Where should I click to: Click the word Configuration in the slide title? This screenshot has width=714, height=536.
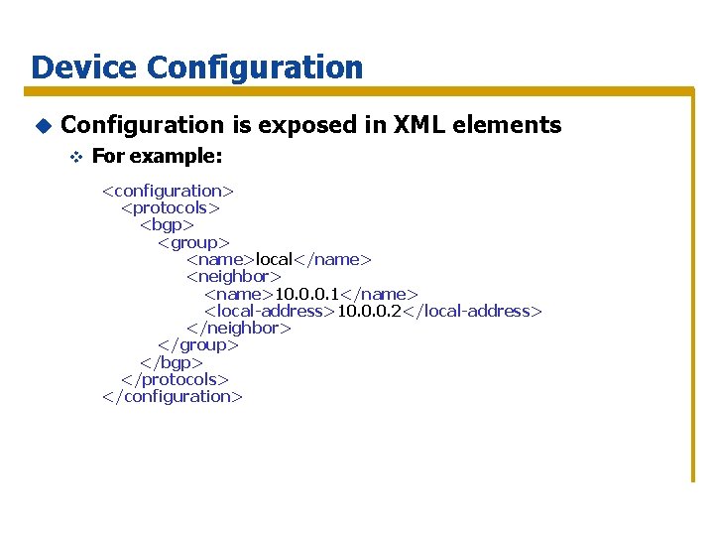pyautogui.click(x=255, y=67)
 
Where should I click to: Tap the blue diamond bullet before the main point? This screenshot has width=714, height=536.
pyautogui.click(x=42, y=125)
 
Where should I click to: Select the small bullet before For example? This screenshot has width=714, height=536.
pyautogui.click(x=73, y=157)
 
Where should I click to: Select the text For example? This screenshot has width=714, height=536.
pyautogui.click(x=157, y=157)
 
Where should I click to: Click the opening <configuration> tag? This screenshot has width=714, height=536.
pyautogui.click(x=168, y=191)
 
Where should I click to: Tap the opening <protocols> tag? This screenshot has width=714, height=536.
pyautogui.click(x=170, y=207)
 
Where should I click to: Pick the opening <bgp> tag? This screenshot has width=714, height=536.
pyautogui.click(x=166, y=224)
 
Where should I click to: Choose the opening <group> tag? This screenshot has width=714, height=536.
pyautogui.click(x=193, y=242)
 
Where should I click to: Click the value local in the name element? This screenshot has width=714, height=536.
pyautogui.click(x=275, y=259)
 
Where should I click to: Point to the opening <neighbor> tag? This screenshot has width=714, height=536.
pyautogui.click(x=234, y=276)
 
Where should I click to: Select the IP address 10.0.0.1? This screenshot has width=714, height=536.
pyautogui.click(x=306, y=294)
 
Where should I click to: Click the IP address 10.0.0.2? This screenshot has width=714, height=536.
pyautogui.click(x=369, y=311)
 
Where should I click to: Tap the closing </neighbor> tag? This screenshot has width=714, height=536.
pyautogui.click(x=238, y=328)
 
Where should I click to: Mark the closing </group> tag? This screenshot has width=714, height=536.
pyautogui.click(x=198, y=345)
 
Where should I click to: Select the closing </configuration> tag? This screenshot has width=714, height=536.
pyautogui.click(x=173, y=396)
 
